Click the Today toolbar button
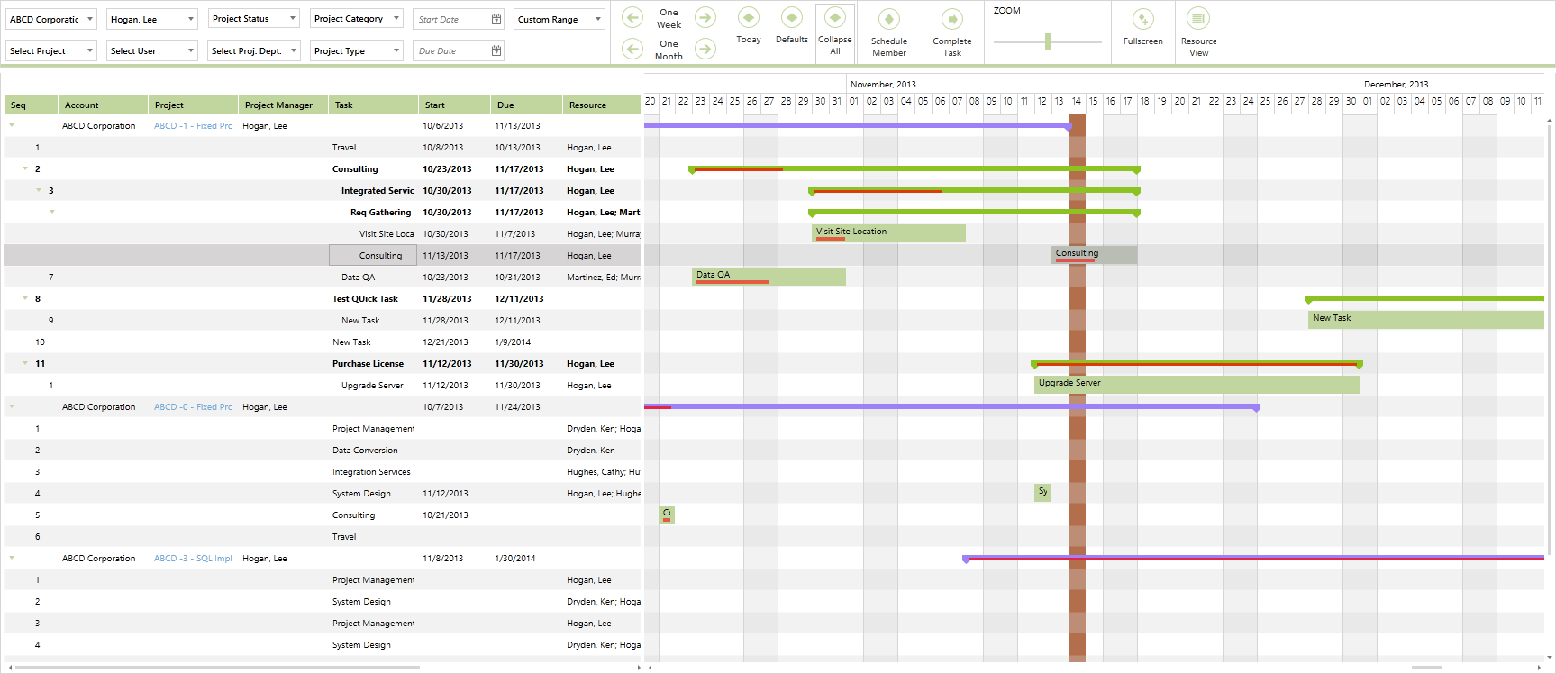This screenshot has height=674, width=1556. [748, 26]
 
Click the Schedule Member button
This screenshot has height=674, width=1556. [888, 33]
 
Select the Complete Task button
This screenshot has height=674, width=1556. [951, 33]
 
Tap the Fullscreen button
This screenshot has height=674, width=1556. [1142, 28]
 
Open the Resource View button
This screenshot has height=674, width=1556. [1198, 33]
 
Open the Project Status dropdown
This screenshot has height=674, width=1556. [253, 19]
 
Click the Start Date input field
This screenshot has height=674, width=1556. [450, 19]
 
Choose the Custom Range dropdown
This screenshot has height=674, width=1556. [559, 19]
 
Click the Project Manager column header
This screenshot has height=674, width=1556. [279, 105]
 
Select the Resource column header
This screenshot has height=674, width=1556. [588, 105]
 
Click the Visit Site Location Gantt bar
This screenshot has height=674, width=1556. [888, 233]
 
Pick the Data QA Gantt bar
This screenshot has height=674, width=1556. [769, 276]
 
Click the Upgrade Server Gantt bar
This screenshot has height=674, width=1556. [1197, 385]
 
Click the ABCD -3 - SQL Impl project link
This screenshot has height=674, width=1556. [193, 559]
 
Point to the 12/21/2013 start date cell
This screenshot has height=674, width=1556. [445, 342]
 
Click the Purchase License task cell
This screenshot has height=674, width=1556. [368, 364]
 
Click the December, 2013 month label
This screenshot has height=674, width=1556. [1396, 85]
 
